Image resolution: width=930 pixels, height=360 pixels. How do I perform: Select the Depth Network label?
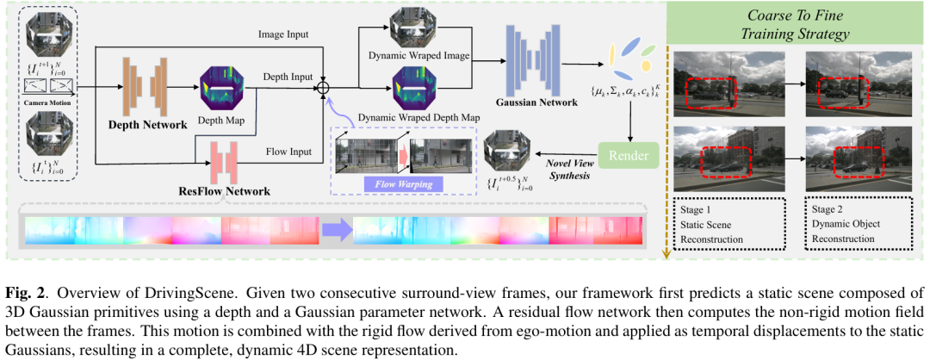click(146, 125)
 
